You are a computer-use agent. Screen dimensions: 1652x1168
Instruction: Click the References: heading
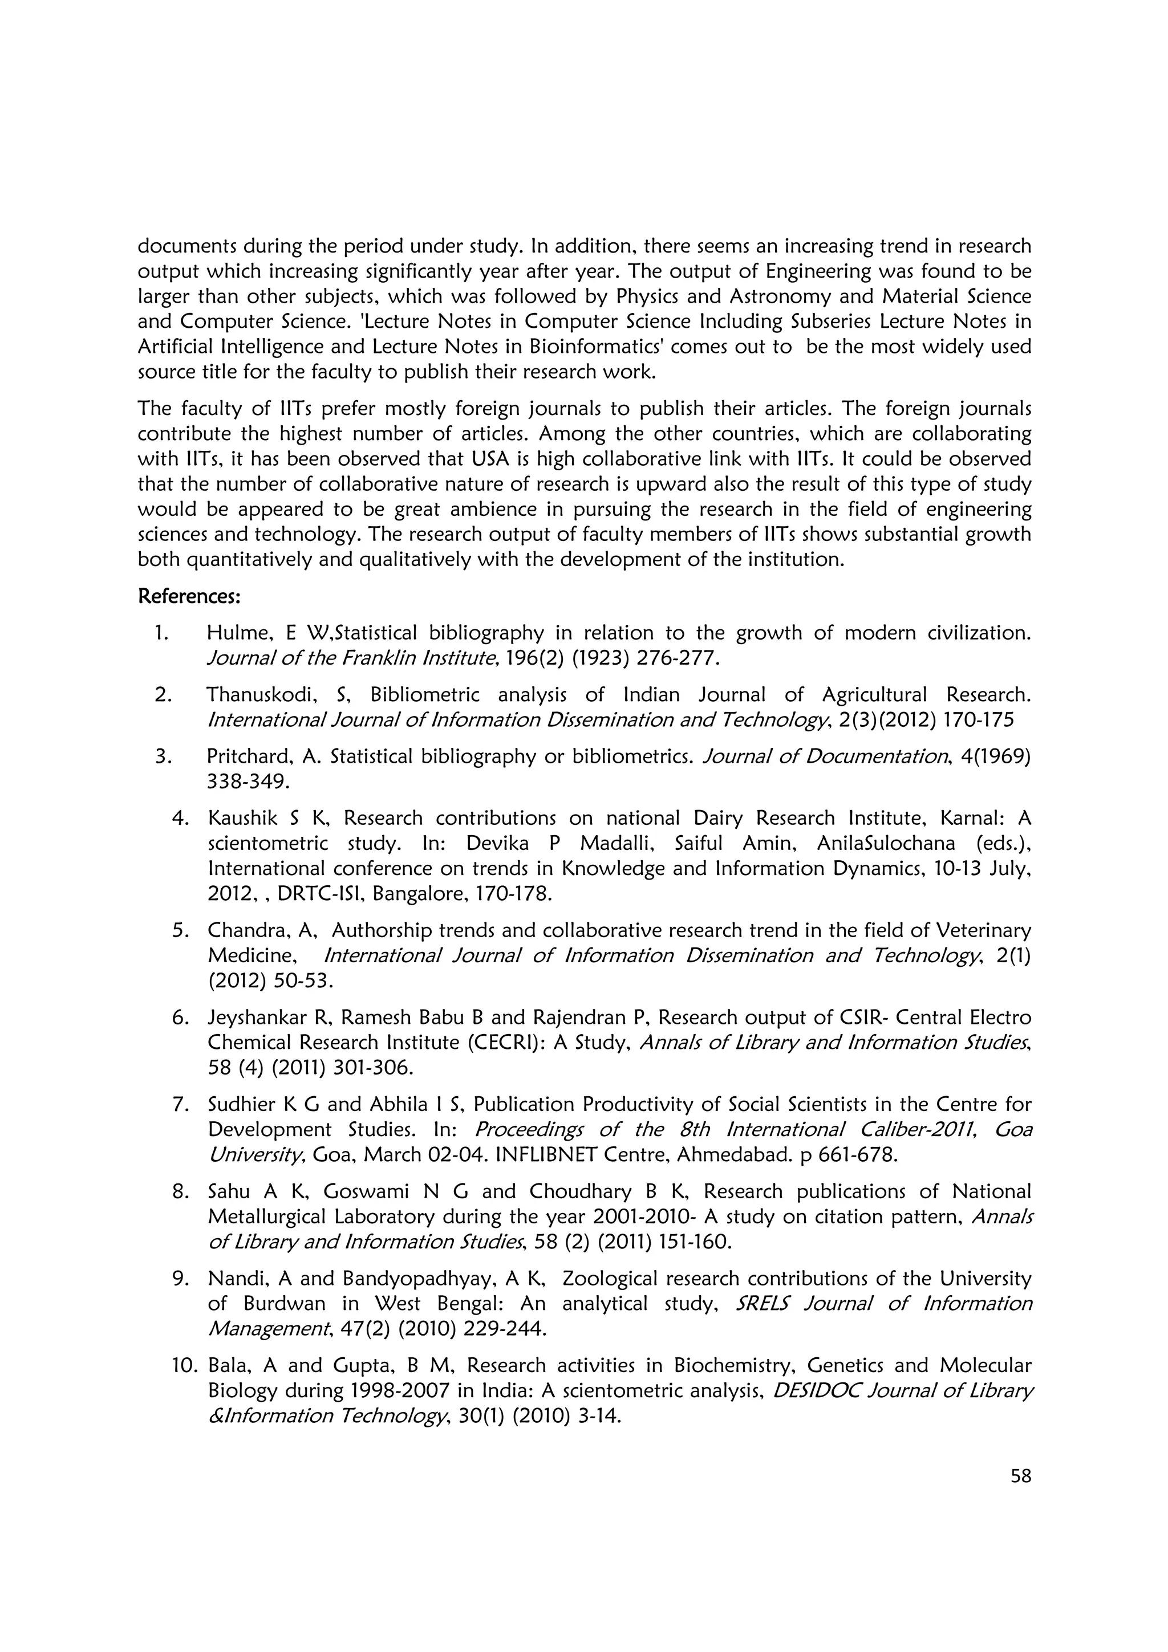(x=189, y=596)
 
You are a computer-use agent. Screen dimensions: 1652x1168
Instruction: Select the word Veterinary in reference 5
(x=984, y=931)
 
